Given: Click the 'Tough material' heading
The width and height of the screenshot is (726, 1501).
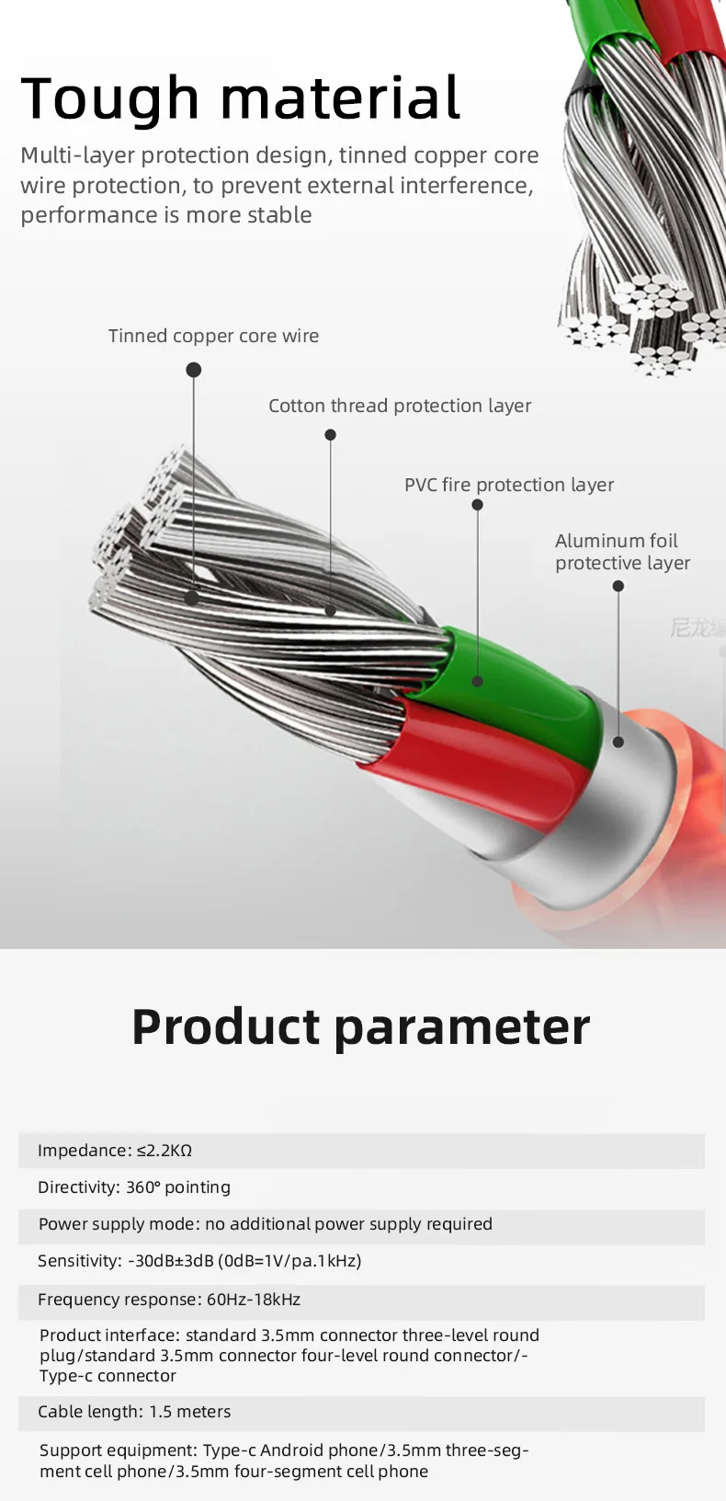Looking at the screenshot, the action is tap(240, 98).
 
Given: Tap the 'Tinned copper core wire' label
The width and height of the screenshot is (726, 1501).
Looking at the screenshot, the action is tap(213, 336).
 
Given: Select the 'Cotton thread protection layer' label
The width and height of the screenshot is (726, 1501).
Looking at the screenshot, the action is tap(399, 406).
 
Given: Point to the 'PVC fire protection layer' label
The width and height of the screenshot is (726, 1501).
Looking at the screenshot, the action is tap(508, 485).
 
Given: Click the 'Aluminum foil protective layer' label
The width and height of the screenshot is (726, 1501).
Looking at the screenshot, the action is tap(621, 552).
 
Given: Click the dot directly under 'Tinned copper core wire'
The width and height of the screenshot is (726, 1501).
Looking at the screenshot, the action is tap(193, 370).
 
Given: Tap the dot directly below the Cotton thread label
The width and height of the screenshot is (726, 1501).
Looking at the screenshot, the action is tap(330, 434).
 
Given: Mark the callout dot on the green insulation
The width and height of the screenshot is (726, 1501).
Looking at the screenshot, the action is tap(477, 682).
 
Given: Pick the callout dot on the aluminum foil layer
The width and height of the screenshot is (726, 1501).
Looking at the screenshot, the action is tap(618, 741).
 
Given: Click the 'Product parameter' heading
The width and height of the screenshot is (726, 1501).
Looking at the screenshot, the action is tap(360, 1026).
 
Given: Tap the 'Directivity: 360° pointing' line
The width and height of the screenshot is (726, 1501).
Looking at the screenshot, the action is tap(134, 1187).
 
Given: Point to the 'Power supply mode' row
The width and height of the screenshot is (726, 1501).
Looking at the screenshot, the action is tap(265, 1224).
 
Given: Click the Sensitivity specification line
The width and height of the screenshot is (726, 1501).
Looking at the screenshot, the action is tap(199, 1261).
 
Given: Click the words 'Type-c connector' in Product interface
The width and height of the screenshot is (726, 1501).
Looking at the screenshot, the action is tap(108, 1376).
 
